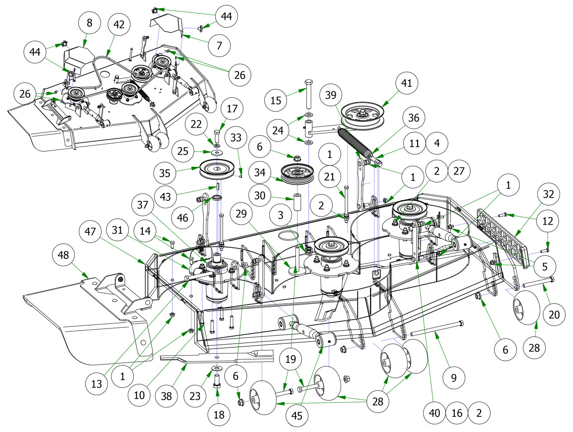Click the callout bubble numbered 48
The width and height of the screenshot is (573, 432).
point(63,255)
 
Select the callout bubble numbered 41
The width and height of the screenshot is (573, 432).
point(406,83)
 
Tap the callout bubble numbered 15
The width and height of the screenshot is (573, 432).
point(276,100)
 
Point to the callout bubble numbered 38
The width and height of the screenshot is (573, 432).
point(166,396)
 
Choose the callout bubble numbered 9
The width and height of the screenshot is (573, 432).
point(453,377)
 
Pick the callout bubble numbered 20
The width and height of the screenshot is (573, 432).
point(554,315)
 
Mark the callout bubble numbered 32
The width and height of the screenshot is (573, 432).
point(548,194)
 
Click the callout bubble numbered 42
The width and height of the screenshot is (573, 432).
point(119,25)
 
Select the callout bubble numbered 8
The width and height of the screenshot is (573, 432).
point(90,23)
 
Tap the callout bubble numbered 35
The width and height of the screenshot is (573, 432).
point(165,173)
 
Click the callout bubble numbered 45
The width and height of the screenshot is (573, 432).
point(297,416)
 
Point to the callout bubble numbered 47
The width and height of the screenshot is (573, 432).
point(90,232)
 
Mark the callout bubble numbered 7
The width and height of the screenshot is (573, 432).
point(219,45)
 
